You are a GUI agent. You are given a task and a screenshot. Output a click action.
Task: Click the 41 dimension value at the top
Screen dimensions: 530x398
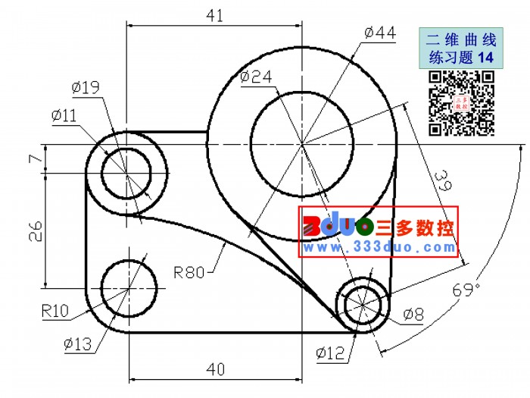[214, 16]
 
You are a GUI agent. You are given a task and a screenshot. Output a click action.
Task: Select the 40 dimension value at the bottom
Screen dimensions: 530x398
[215, 369]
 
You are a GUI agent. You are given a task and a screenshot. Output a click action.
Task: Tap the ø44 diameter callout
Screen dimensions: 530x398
[380, 33]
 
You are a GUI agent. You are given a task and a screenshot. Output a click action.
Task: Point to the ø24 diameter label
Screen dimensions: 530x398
[256, 77]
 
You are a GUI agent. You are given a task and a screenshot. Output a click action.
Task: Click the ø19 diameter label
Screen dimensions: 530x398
[86, 88]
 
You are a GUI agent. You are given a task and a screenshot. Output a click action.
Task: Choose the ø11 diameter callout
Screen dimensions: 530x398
[64, 116]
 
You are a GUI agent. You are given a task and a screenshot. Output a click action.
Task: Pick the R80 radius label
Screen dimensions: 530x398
[189, 272]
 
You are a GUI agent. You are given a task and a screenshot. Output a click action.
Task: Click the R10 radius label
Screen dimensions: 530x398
[55, 310]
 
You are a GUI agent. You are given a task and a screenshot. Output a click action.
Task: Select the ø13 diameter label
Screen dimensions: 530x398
[78, 344]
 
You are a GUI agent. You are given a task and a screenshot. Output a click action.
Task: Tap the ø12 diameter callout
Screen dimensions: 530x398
[330, 353]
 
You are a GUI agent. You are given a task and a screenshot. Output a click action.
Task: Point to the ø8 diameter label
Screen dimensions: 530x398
[413, 315]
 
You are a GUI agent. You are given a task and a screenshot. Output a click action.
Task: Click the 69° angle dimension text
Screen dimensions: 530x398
[466, 290]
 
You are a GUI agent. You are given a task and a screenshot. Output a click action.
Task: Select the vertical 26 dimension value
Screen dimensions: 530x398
[36, 231]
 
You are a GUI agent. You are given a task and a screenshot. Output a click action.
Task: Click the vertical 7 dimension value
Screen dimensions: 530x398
[36, 158]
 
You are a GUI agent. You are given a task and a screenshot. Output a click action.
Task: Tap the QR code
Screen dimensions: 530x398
[462, 103]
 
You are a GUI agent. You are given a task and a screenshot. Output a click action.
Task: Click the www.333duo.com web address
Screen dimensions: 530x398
[379, 247]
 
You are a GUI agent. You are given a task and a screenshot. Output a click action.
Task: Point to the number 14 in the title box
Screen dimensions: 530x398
[486, 57]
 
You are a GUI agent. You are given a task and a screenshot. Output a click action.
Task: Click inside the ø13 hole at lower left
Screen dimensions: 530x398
[129, 288]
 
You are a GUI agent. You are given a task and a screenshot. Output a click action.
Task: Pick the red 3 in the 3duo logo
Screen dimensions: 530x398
[312, 226]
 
